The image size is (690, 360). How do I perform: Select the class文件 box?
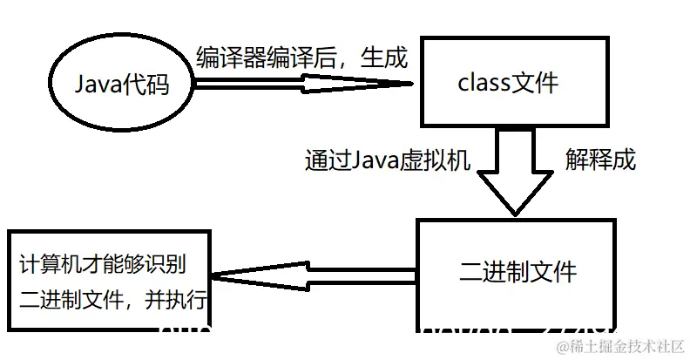coord(509,83)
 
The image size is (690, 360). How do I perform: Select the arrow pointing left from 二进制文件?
coord(314,277)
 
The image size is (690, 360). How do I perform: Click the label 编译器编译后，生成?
coord(301,57)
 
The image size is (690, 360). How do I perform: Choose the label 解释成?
coord(600,160)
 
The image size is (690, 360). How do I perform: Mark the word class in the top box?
coord(482,84)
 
